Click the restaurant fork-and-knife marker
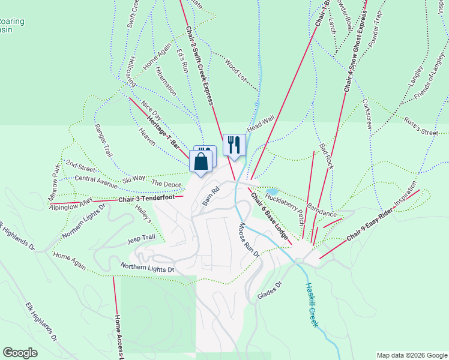(234, 144)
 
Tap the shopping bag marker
(201, 161)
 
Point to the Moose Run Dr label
(249, 240)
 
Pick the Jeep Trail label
(141, 239)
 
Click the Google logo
(20, 353)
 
